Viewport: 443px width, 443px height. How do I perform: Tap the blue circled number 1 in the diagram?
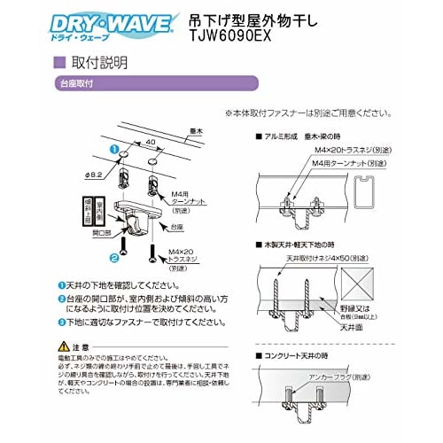(114, 152)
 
